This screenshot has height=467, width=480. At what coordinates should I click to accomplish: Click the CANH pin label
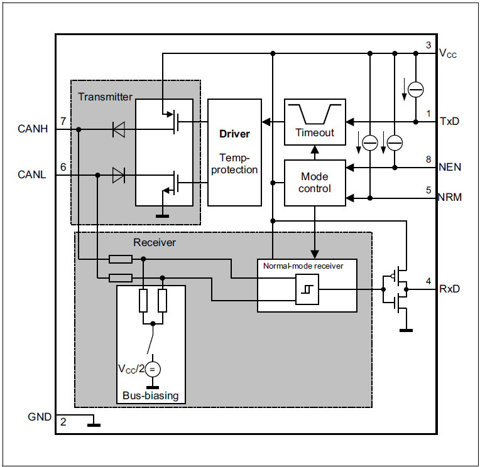point(32,129)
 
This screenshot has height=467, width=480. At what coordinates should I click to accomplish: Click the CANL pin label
point(31,174)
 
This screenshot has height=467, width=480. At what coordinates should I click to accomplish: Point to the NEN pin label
point(450,168)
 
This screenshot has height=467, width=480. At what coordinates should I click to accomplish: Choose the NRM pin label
point(450,197)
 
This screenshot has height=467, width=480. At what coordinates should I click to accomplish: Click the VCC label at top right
point(448,54)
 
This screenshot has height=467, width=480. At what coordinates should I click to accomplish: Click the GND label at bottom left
point(40,417)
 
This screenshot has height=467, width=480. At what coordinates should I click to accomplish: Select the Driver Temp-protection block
point(234,152)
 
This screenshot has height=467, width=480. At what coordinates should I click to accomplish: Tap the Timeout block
point(315,121)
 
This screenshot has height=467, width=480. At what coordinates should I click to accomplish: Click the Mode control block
point(315,183)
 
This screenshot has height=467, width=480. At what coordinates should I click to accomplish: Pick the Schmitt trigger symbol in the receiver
point(307,289)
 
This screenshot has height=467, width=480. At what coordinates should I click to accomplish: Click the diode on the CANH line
point(118,129)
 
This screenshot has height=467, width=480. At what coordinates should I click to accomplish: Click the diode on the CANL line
point(118,176)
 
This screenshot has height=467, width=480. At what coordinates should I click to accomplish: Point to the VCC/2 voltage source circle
point(152,368)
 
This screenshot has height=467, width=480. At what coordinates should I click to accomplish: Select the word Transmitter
point(105,97)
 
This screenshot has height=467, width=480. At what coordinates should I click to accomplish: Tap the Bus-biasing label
point(151,395)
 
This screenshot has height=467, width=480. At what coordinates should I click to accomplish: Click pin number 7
point(63,121)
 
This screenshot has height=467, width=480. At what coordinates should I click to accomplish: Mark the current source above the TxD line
point(415,90)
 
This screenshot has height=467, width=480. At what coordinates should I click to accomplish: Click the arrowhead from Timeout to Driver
point(266,121)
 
